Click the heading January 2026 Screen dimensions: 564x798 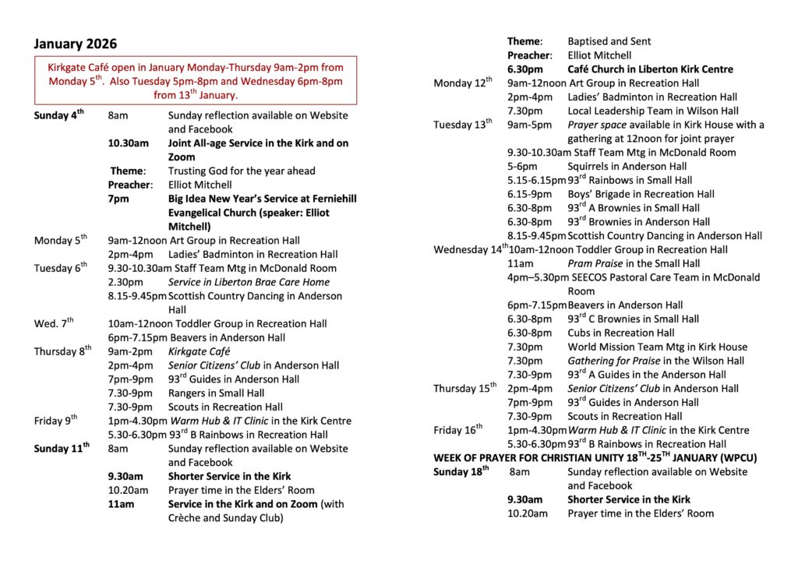[75, 44]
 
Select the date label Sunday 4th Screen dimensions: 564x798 [58, 115]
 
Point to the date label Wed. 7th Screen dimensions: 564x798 [54, 323]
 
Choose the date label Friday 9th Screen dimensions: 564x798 [55, 421]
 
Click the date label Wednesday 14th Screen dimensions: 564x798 [471, 249]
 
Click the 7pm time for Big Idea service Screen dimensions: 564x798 [117, 199]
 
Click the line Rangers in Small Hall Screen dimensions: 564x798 [216, 393]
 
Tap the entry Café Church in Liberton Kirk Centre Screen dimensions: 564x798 [650, 69]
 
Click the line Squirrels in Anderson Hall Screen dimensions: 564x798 [627, 166]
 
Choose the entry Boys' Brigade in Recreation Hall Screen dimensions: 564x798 [641, 194]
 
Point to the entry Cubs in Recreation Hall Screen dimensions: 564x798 [621, 333]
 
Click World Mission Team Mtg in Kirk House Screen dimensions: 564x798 [657, 347]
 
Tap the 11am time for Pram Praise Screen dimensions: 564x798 [520, 263]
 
